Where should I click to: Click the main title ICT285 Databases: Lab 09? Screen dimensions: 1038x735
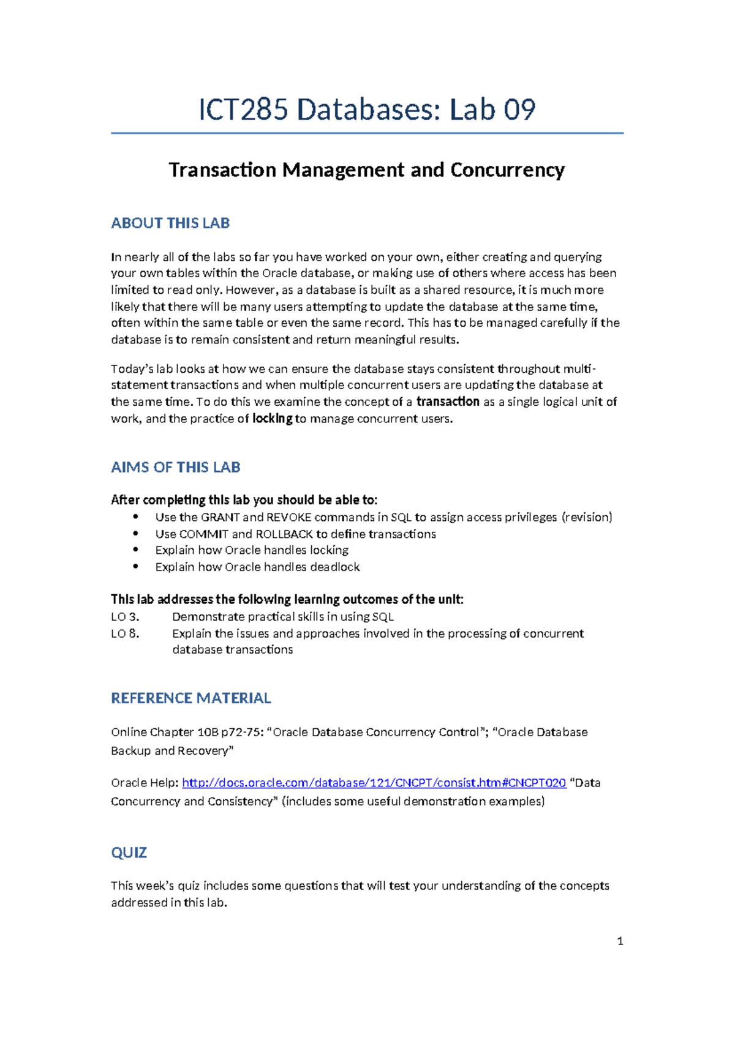[367, 110]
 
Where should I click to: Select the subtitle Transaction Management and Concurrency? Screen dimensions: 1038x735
[366, 170]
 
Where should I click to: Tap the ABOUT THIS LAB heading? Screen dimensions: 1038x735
[170, 223]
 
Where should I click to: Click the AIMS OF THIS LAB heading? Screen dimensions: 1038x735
[175, 467]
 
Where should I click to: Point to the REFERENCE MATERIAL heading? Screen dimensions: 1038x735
[190, 698]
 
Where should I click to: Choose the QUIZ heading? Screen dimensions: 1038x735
[129, 853]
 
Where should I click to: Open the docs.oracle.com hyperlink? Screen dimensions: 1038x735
[374, 783]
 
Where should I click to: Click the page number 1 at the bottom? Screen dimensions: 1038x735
[620, 941]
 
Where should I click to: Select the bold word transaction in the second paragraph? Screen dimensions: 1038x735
[448, 401]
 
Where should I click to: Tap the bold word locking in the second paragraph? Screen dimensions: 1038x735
[272, 419]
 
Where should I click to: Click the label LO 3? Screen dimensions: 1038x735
[125, 617]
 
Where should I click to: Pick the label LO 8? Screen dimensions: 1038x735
[125, 633]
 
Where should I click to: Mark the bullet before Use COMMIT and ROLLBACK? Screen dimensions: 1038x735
[136, 534]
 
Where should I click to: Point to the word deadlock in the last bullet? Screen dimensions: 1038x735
[334, 567]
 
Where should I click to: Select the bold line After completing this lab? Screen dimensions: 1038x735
[244, 500]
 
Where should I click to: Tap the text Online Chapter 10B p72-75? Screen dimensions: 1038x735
[187, 733]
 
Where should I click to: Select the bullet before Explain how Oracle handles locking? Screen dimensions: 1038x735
[136, 550]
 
